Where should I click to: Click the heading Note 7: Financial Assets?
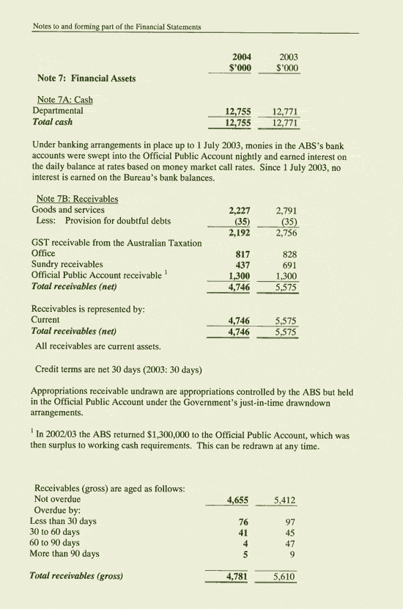coord(86,79)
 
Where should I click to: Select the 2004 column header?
coord(241,56)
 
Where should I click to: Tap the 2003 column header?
coord(287,56)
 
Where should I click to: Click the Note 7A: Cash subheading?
coord(64,100)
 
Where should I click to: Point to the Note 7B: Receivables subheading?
coord(77,199)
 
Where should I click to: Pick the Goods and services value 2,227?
coord(241,210)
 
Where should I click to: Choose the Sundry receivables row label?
coord(67,263)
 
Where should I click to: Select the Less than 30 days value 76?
coord(245,522)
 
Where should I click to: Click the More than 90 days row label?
coord(64,554)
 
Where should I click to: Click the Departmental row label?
coord(58,111)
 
